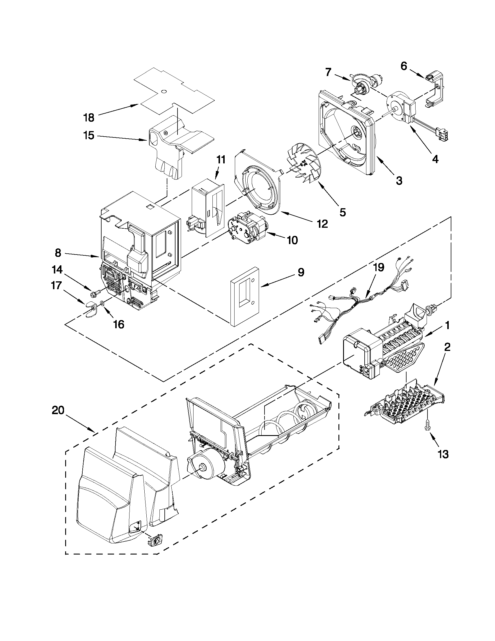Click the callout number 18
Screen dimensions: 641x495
point(89,118)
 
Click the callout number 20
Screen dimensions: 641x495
point(58,410)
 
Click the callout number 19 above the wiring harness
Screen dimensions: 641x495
point(379,268)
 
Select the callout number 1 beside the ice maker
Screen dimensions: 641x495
point(448,326)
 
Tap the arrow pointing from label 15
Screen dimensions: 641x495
point(123,138)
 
